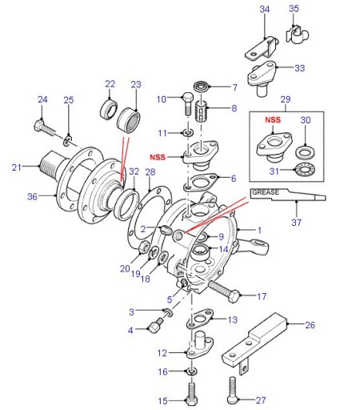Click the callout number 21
point(16,167)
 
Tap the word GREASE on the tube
point(266,192)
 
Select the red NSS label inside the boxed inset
point(273,120)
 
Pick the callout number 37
point(296,222)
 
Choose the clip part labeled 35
point(297,34)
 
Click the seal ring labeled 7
point(202,87)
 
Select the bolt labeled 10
point(188,103)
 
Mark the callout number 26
point(310,325)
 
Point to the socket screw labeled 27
point(232,390)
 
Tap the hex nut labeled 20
point(144,246)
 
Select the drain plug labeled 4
point(156,324)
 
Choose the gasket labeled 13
point(200,318)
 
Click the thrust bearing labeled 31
point(304,169)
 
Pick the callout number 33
point(299,68)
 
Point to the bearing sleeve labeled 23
point(129,121)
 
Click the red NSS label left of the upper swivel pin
point(158,157)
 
